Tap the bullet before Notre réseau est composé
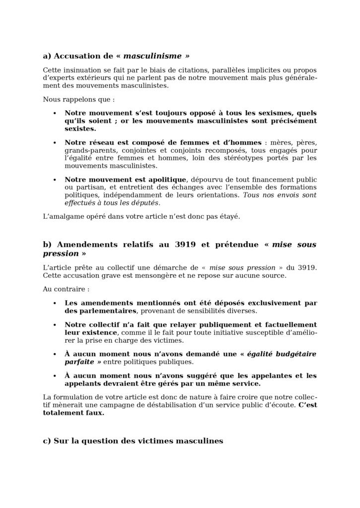[54, 142]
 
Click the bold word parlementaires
[107, 311]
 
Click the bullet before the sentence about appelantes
[54, 376]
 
